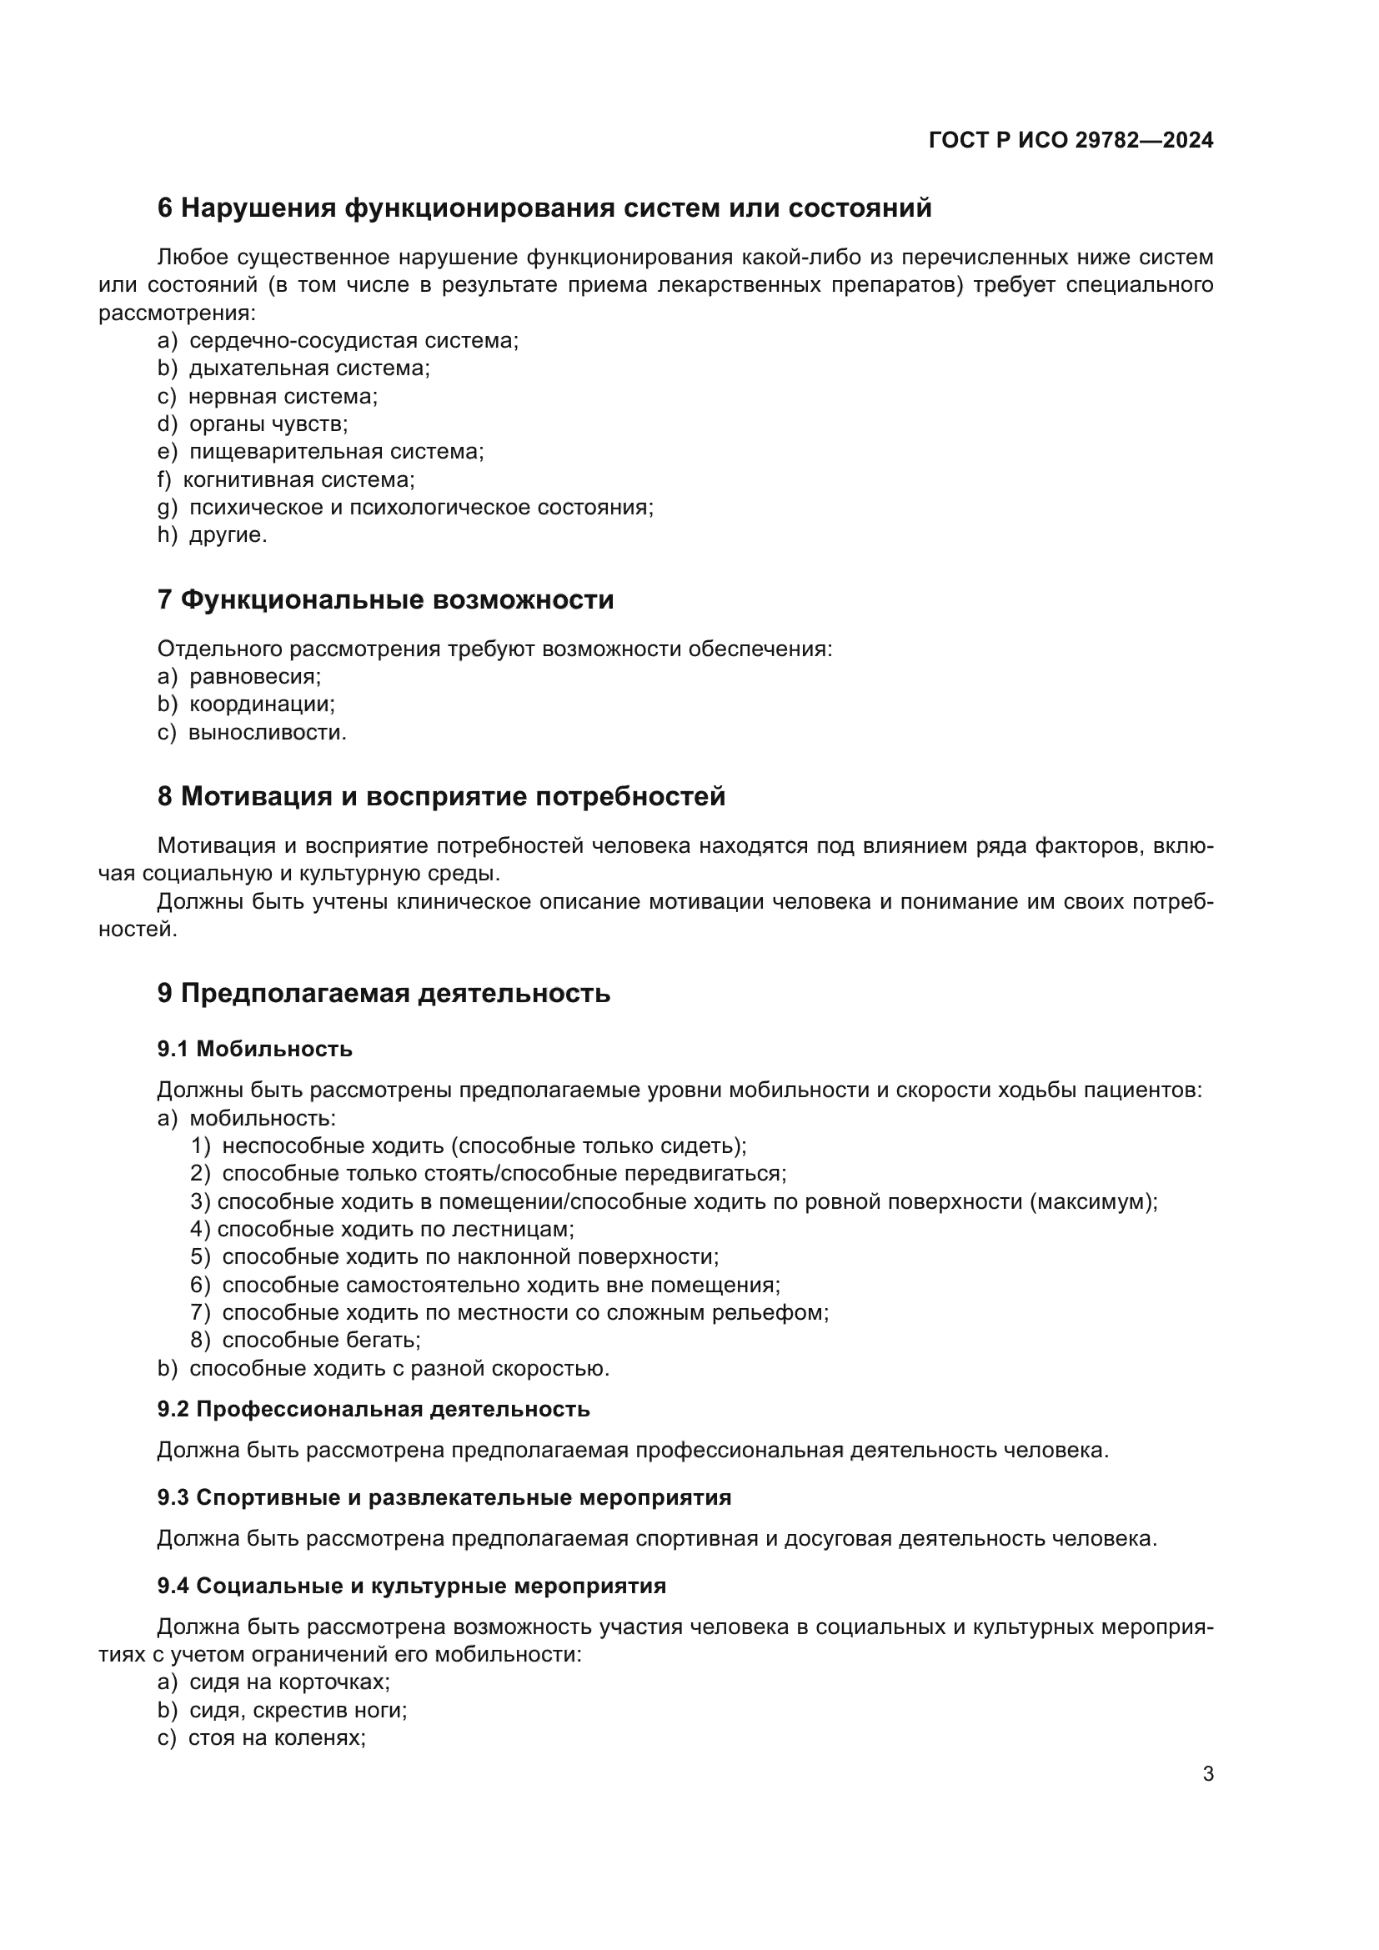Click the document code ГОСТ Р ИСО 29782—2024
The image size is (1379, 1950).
click(1071, 140)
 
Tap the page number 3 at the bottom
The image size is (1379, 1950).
click(1207, 1773)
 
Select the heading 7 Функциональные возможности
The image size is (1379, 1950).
click(385, 599)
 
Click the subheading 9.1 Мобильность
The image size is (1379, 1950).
click(255, 1048)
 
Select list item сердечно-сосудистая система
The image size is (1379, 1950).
click(353, 341)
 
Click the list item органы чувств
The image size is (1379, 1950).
click(268, 423)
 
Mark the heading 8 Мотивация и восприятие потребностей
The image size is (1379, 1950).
click(442, 797)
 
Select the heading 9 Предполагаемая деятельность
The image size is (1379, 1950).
click(384, 993)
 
